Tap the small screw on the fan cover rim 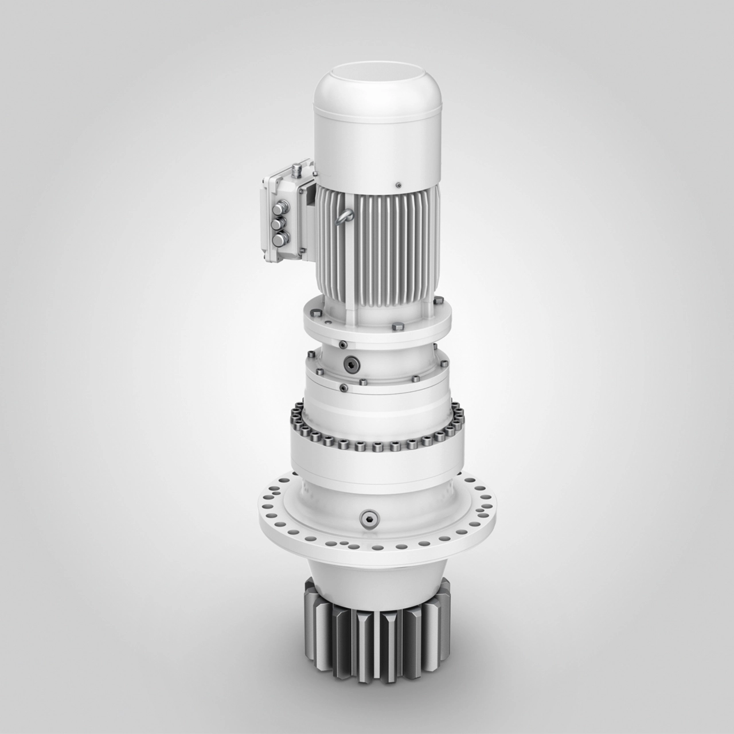(x=397, y=185)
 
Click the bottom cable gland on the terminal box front (x=281, y=239)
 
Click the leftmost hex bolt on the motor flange (x=315, y=313)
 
